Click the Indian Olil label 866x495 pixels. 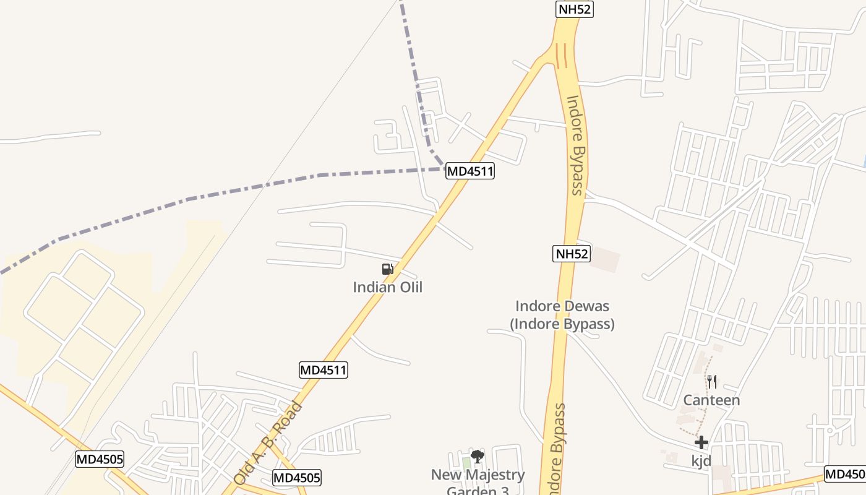pos(387,287)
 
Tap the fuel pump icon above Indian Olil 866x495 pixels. pos(388,269)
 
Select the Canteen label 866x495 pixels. pos(711,400)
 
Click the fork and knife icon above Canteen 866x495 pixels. pos(712,381)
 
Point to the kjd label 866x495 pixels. pos(701,461)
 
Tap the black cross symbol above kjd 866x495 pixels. pos(701,442)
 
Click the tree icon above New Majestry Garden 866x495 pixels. pos(477,457)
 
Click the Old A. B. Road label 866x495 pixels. pos(268,442)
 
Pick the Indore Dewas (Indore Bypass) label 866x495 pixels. pos(562,315)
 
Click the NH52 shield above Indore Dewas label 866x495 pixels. pos(572,253)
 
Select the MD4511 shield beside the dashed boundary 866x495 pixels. pos(470,171)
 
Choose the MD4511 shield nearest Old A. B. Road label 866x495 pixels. pos(324,370)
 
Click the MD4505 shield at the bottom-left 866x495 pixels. pos(100,459)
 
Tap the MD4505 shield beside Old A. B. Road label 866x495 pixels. pos(297,478)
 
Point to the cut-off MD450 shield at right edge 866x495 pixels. pos(845,475)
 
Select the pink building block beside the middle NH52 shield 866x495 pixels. pos(604,259)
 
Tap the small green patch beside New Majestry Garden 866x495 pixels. pos(466,463)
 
